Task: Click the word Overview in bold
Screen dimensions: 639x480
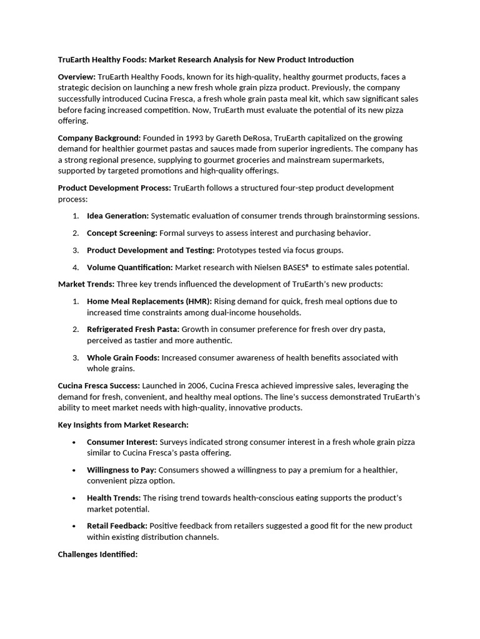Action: tap(76, 77)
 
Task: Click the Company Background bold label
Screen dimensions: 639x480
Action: tap(99, 138)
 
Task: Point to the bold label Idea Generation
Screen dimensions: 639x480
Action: tap(117, 216)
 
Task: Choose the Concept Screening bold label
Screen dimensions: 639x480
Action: tap(122, 233)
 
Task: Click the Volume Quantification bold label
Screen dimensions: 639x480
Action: tap(129, 268)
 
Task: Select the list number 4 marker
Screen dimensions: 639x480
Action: tap(75, 268)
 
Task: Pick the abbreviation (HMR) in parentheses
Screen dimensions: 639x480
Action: tap(198, 301)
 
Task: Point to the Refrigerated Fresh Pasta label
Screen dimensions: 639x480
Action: tap(132, 329)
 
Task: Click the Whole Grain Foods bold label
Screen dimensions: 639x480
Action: tap(123, 358)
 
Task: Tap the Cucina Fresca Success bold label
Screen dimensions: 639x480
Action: tap(99, 386)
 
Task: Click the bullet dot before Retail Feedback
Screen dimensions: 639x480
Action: tap(74, 526)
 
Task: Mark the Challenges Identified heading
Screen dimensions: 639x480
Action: tap(97, 554)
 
